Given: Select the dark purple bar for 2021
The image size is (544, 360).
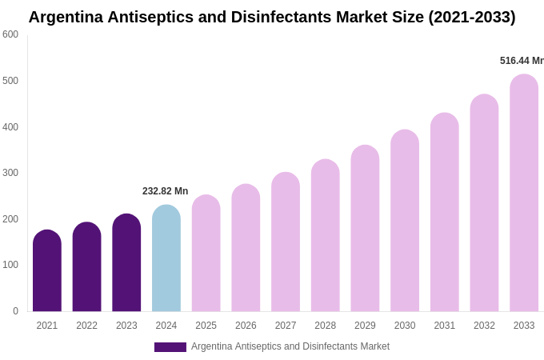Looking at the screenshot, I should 47,271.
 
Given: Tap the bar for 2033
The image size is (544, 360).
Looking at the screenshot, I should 524,193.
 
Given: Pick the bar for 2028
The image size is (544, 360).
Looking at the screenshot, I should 325,235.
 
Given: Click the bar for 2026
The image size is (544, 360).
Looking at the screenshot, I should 246,248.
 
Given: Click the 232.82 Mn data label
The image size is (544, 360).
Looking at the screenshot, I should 165,191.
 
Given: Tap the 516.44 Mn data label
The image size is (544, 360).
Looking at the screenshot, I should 521,61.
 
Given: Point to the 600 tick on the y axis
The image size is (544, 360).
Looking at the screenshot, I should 10,34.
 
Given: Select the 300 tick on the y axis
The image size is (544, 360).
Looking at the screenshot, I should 10,173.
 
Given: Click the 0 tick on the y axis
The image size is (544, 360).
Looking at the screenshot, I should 15,311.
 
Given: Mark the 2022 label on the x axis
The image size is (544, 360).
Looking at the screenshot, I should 86,326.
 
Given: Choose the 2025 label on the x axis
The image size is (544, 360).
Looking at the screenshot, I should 206,326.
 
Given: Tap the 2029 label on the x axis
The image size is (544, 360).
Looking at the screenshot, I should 365,326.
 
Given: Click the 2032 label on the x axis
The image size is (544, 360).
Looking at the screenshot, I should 484,326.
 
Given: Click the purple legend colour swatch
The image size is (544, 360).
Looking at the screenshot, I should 170,347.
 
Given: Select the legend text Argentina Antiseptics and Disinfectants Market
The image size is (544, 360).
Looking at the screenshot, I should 290,346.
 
